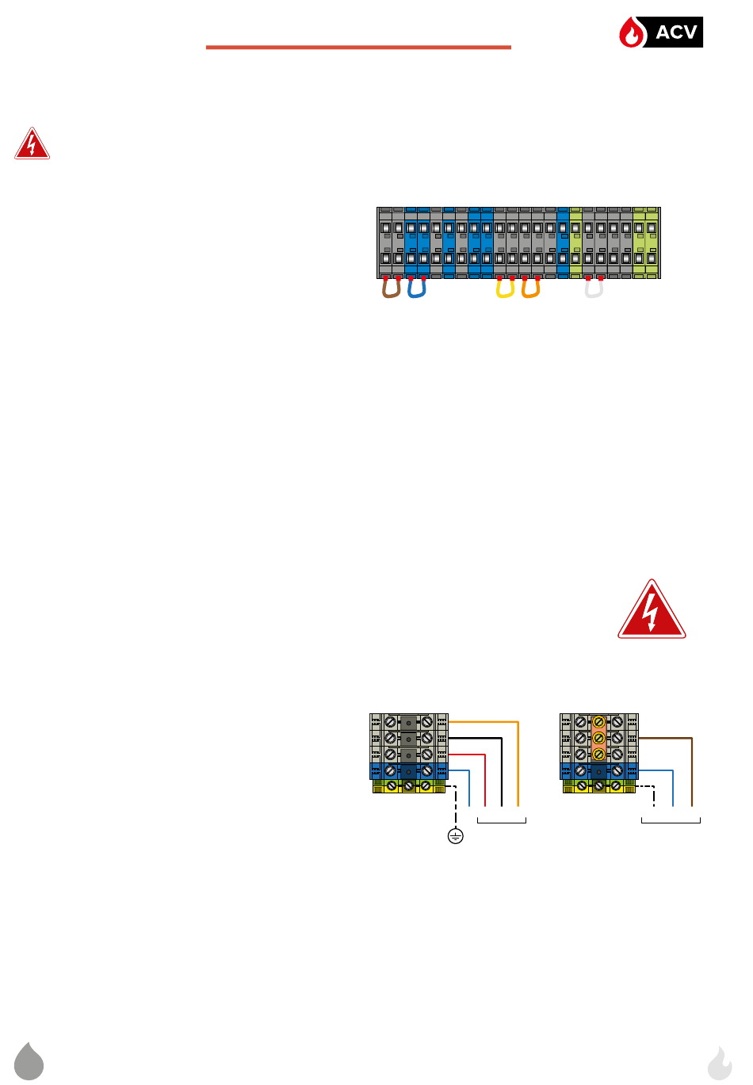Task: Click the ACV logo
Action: [x=660, y=32]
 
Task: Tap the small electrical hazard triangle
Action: [x=32, y=145]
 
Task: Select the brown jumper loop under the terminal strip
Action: [x=391, y=290]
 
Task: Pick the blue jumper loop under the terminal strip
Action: [x=417, y=290]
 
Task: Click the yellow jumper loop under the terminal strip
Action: [x=505, y=290]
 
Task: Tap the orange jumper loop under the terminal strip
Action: [x=530, y=290]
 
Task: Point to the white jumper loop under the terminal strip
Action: [x=594, y=290]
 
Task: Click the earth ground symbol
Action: [x=455, y=835]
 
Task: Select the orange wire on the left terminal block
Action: [x=518, y=761]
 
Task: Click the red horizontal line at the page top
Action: [x=358, y=48]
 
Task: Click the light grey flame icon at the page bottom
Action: [x=720, y=1064]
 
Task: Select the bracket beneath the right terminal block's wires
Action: [x=671, y=819]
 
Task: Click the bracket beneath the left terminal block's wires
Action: [x=502, y=819]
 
